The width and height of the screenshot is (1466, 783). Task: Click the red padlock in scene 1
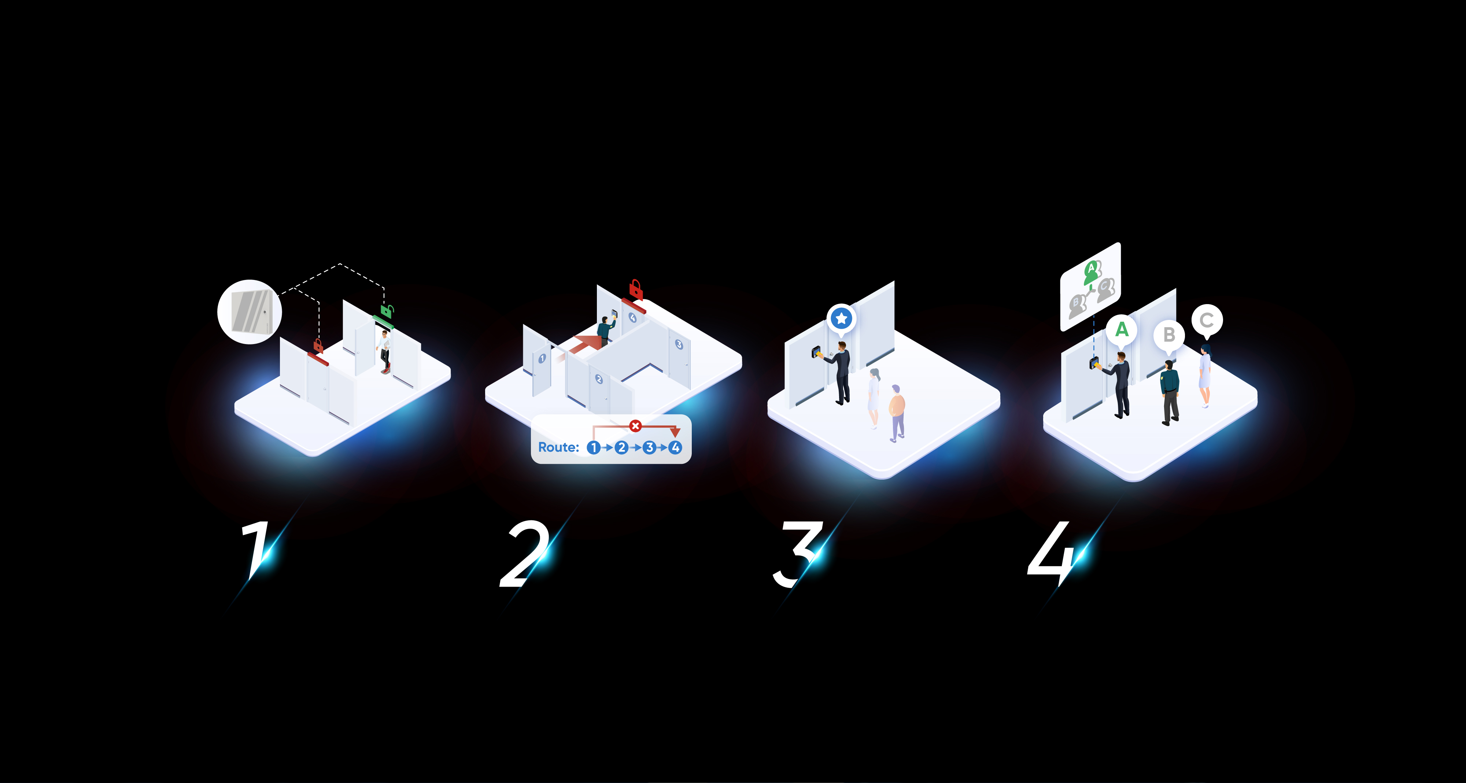pos(318,346)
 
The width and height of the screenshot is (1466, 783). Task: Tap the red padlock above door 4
pos(636,290)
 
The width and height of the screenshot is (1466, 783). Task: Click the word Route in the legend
pos(558,447)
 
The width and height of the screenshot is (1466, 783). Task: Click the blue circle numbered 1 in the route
pos(593,448)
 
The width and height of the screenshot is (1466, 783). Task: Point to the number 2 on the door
pos(599,379)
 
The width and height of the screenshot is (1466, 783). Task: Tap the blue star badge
pos(841,319)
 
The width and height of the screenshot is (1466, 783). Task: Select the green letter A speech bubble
pos(1121,330)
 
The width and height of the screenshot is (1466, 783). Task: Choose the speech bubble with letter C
pos(1207,321)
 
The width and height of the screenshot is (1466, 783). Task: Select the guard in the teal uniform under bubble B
pos(1170,393)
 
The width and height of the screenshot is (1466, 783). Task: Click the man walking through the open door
pos(385,352)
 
